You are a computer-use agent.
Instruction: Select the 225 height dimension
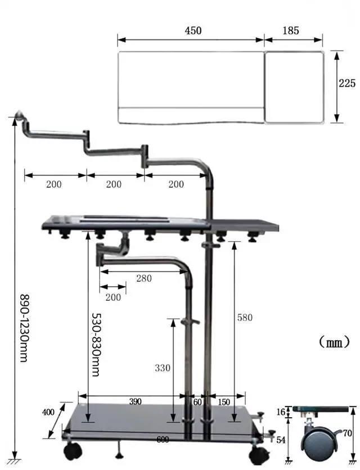point(347,83)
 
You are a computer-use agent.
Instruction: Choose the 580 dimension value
point(245,318)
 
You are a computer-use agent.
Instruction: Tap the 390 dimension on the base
point(135,401)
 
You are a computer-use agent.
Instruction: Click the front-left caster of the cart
point(72,450)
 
